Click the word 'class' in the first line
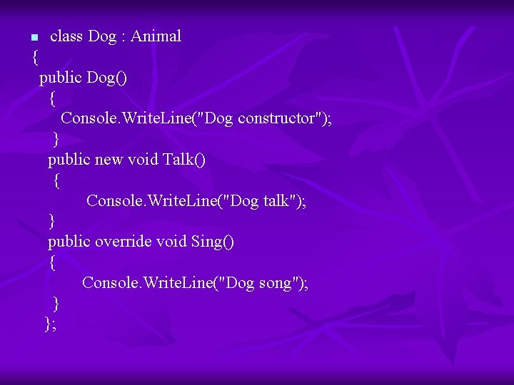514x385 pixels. pyautogui.click(x=66, y=36)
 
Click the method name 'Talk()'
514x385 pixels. pyautogui.click(x=184, y=160)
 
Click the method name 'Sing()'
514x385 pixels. pyautogui.click(x=213, y=242)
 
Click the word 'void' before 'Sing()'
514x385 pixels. pyautogui.click(x=171, y=242)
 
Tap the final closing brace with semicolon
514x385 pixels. pyautogui.click(x=50, y=324)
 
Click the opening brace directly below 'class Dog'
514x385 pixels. pyautogui.click(x=36, y=57)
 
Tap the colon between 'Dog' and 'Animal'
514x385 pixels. pyautogui.click(x=124, y=36)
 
